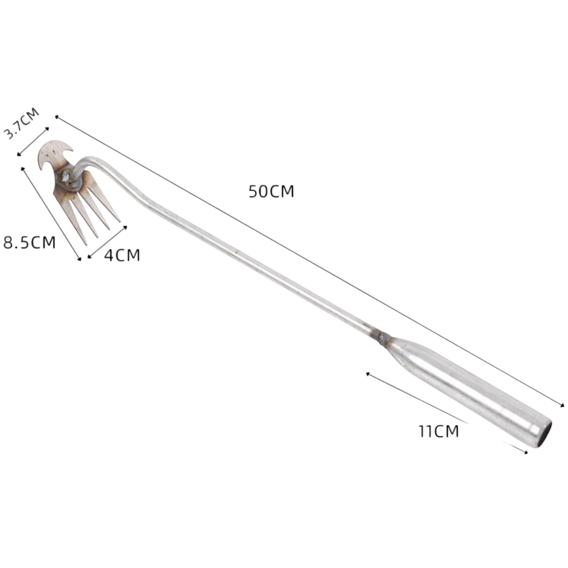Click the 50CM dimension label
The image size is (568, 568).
271,191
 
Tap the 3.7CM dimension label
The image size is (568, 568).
22,123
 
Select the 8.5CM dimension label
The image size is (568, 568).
30,242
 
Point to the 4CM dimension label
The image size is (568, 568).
122,255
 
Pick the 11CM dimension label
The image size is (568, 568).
439,431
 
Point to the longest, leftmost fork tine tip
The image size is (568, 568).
85,245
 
